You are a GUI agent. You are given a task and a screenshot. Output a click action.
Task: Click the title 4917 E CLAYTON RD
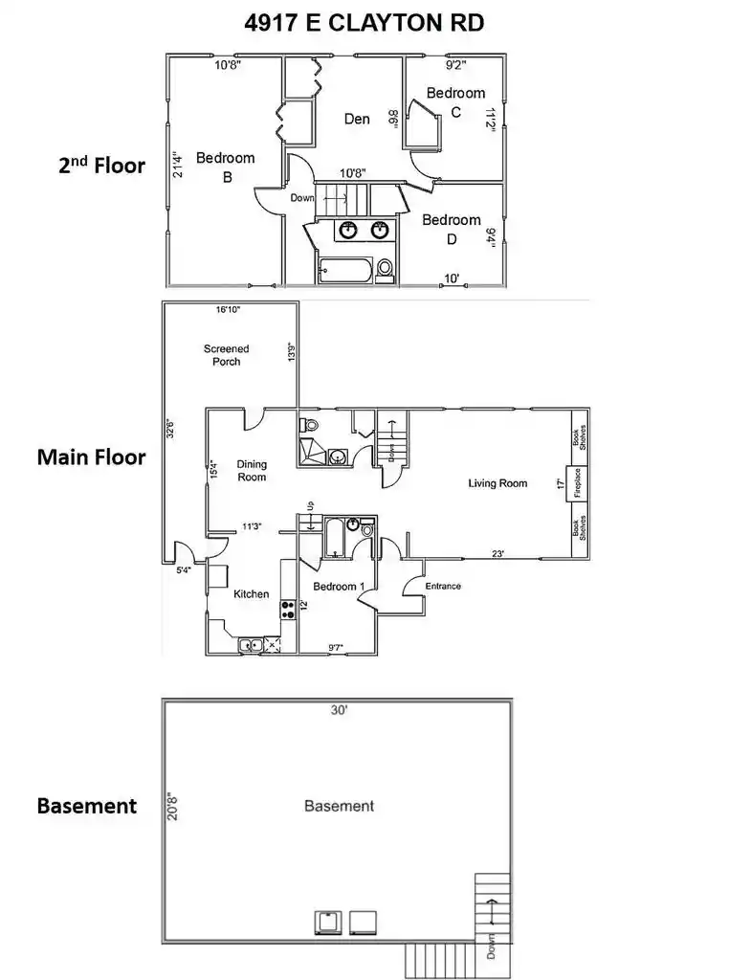tap(364, 23)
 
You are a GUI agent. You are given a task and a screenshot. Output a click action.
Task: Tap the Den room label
tap(357, 119)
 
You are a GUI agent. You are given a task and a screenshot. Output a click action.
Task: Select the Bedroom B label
tap(226, 167)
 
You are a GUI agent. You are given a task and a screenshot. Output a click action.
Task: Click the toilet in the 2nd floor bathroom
tap(385, 270)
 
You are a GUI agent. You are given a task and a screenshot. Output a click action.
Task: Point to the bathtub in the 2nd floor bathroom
tap(344, 270)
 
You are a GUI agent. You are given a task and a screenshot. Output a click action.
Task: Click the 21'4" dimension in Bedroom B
tap(178, 165)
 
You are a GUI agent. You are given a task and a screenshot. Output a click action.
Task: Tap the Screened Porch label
tap(226, 355)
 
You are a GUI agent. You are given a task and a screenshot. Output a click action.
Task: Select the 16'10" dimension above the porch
tap(228, 309)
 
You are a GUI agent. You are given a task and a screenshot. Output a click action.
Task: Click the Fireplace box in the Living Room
tap(578, 483)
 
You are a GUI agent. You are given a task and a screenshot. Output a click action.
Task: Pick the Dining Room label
tap(252, 471)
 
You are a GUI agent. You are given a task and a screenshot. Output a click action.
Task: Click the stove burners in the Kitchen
tap(287, 610)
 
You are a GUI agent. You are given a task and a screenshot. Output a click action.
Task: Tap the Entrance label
tap(443, 587)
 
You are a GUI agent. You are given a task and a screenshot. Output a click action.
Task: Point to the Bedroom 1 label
tap(338, 587)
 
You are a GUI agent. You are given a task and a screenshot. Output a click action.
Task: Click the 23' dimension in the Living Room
tap(497, 553)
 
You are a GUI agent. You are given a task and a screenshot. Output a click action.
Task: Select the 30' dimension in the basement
tap(340, 710)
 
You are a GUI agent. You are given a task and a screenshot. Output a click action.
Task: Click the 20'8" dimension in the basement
tap(172, 806)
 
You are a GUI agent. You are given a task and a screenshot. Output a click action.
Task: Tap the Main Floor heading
tap(91, 457)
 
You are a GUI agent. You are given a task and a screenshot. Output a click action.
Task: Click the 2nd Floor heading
tap(101, 165)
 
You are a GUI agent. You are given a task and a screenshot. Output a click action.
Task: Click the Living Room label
tap(497, 483)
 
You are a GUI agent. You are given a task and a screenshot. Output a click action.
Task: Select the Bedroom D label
tap(451, 230)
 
